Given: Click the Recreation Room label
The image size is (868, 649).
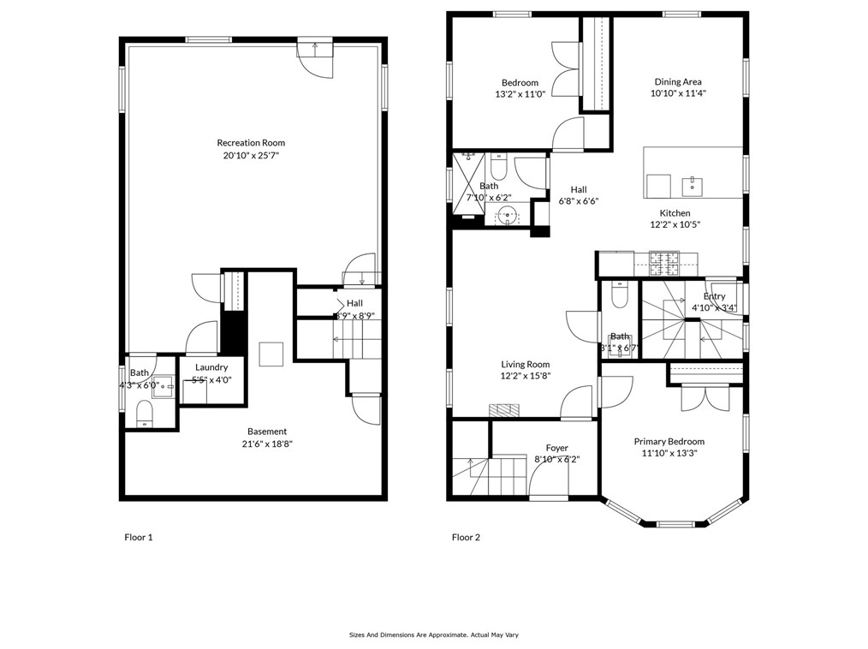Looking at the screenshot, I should click(251, 143).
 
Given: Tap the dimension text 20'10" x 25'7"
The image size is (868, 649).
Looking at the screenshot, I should click(251, 156).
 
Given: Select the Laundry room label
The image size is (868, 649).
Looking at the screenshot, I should click(211, 367).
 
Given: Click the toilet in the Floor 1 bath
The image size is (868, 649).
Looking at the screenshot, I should click(145, 415).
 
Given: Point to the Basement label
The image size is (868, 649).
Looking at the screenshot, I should click(267, 432).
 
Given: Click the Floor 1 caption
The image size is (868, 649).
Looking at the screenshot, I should click(139, 538).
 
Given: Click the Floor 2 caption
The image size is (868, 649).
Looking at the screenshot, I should click(466, 538).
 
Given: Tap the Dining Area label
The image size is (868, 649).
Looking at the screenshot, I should click(678, 82).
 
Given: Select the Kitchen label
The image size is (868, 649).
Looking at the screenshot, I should click(675, 213).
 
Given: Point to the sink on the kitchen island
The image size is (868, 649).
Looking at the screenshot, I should click(688, 185).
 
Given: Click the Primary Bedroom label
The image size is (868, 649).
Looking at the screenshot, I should click(669, 442).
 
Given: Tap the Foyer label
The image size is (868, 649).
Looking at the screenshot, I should click(557, 448).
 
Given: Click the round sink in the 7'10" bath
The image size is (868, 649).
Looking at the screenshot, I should click(509, 216).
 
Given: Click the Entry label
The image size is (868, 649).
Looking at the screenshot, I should click(714, 296).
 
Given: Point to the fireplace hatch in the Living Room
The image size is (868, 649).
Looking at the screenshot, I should click(503, 410).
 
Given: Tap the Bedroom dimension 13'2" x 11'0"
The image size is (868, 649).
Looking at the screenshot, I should click(520, 94).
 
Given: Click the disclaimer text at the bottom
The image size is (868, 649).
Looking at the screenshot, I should click(434, 634).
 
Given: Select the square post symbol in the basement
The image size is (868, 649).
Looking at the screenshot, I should click(271, 354).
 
